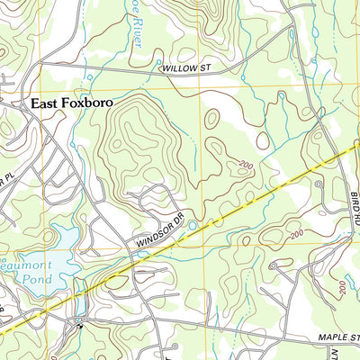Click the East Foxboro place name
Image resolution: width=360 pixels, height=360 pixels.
pyautogui.click(x=72, y=103)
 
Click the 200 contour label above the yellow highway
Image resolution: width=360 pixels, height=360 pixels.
pyautogui.click(x=245, y=164)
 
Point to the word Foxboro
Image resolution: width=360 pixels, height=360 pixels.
pyautogui.click(x=89, y=103)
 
